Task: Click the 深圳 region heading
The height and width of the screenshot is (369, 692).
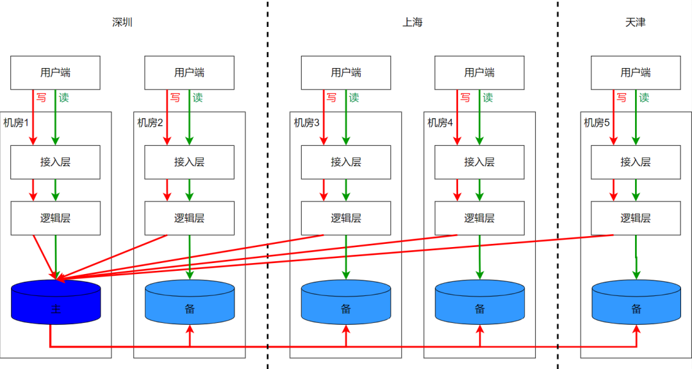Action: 122,22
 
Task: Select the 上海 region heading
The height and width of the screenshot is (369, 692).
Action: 412,22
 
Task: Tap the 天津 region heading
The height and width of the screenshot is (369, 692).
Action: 635,22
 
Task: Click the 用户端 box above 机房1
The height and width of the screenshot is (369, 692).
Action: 56,73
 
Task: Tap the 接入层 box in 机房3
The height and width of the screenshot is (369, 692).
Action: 346,162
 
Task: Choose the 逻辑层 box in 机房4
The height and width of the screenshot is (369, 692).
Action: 479,218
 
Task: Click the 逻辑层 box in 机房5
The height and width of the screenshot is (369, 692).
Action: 636,218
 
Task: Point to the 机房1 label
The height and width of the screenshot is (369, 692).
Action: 17,123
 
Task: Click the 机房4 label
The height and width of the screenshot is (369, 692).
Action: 441,123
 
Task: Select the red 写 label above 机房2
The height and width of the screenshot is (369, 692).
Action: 175,98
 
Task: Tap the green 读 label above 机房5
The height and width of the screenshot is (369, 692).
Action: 644,98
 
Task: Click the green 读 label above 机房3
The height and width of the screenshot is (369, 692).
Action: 354,98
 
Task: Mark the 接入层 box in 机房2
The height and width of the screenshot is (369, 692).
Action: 190,162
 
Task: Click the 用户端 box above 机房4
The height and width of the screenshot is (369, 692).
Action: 479,73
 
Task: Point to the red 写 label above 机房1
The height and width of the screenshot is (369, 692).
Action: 41,98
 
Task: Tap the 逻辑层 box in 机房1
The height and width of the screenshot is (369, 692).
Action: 56,218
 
